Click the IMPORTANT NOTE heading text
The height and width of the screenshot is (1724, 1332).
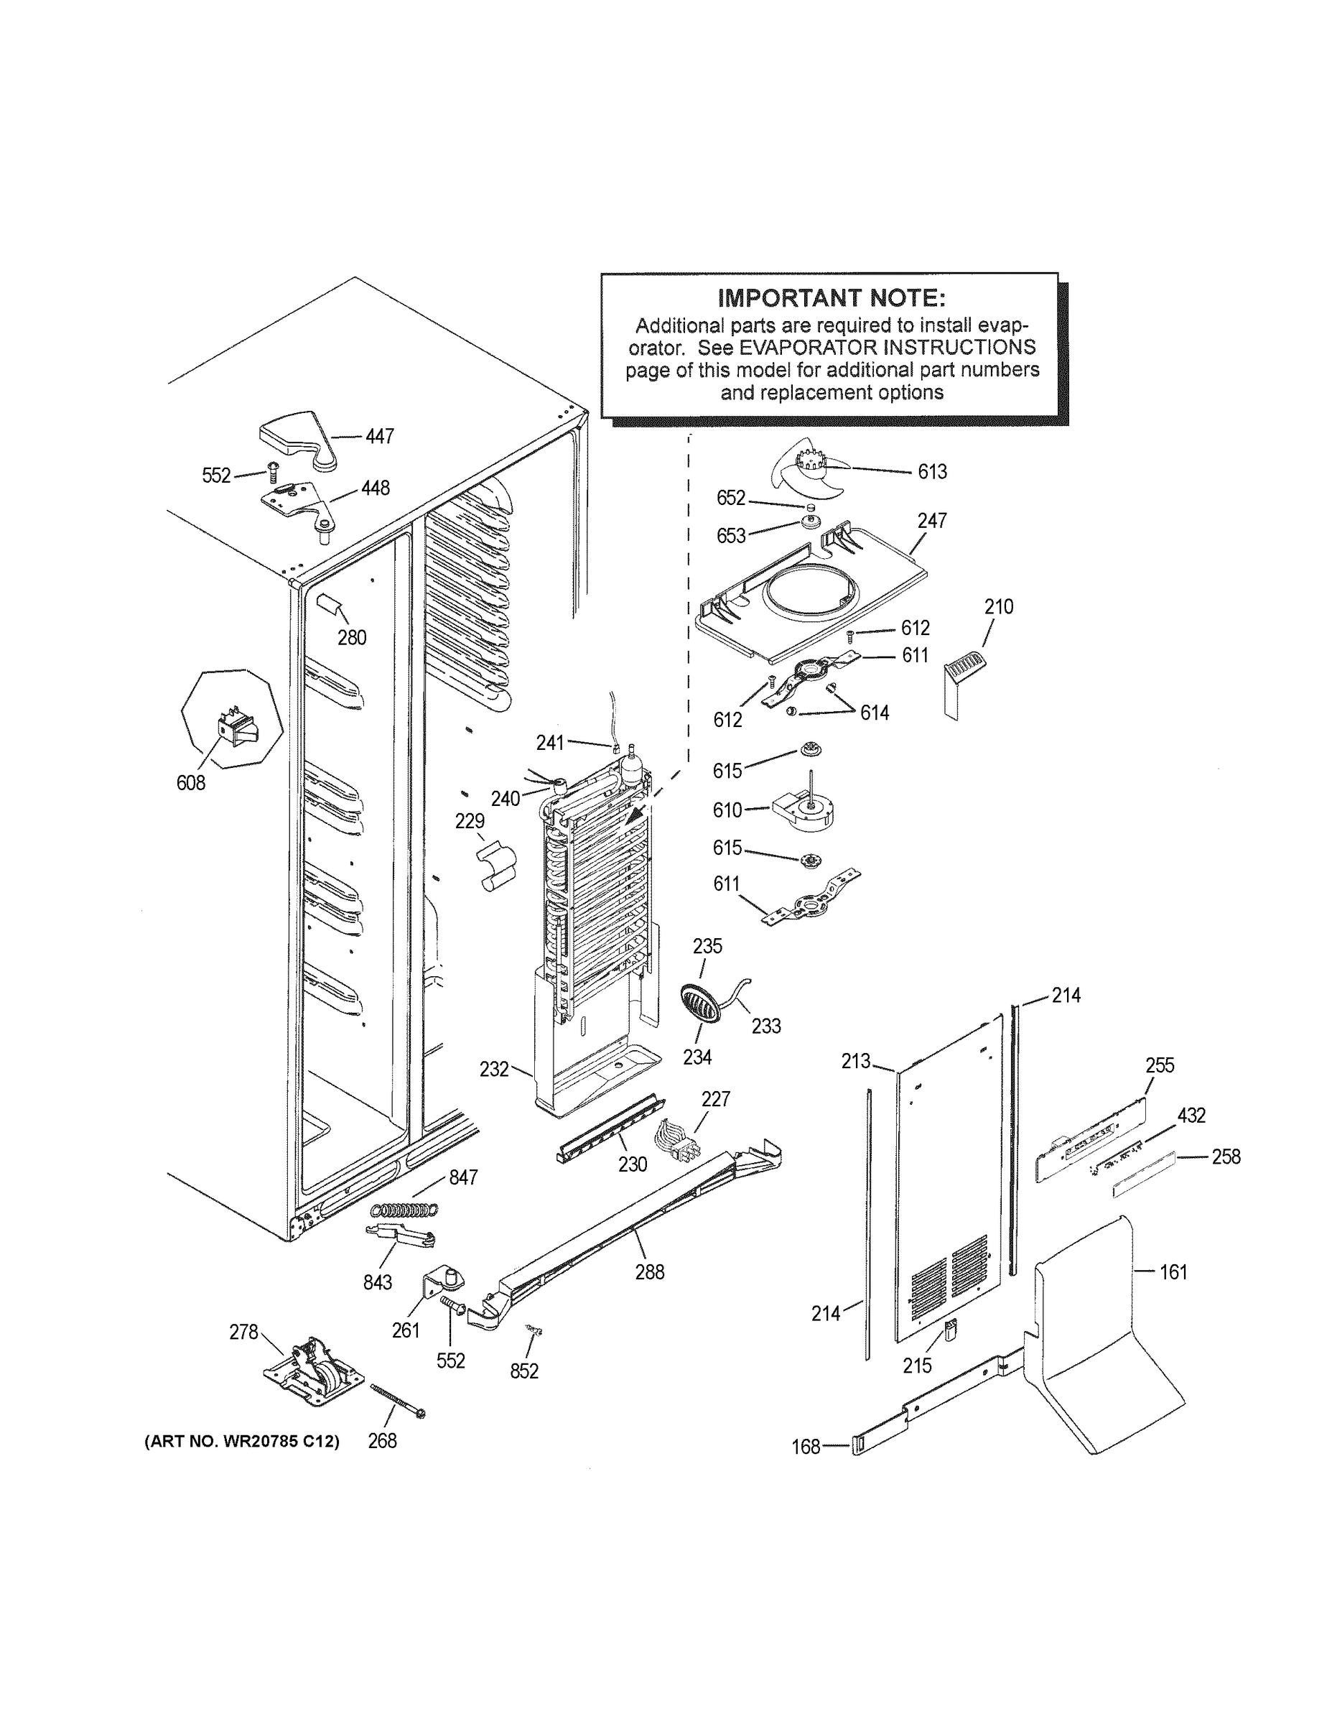coord(831,297)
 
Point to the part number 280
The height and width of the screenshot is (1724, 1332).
coord(352,637)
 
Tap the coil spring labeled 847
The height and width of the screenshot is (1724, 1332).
coord(405,1210)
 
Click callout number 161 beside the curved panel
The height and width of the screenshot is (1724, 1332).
coord(1173,1271)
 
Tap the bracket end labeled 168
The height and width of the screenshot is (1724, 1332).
coord(860,1446)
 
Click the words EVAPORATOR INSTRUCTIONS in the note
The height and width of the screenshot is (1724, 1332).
coord(887,348)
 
